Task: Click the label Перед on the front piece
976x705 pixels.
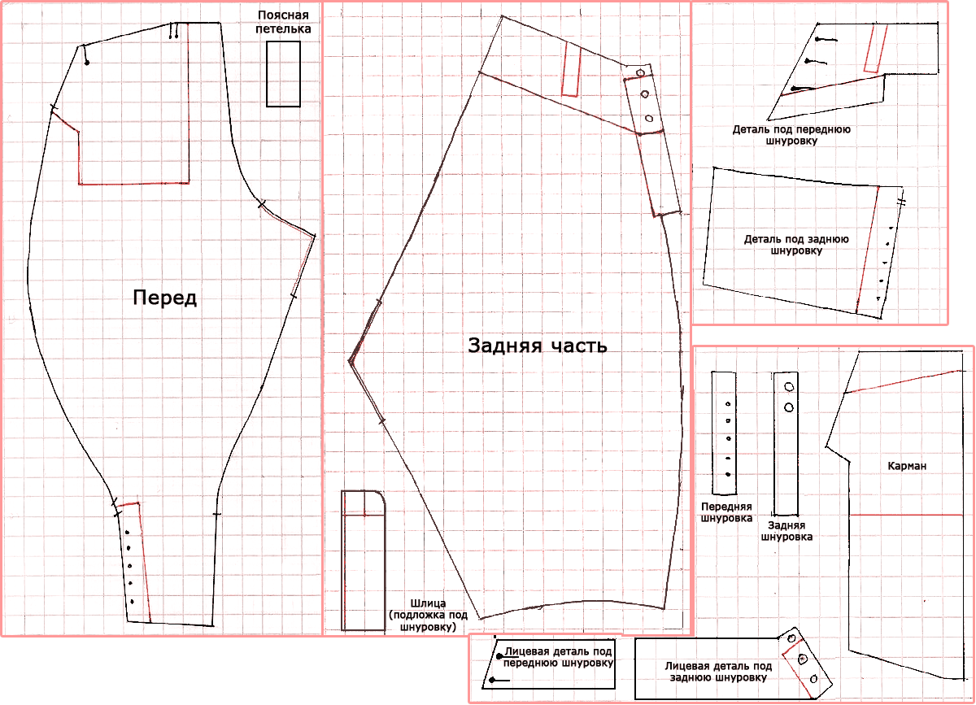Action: coord(164,298)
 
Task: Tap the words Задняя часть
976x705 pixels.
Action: coord(538,346)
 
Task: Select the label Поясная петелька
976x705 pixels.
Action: coord(283,22)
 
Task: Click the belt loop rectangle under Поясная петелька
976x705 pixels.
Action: coord(283,74)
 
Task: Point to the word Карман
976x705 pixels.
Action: coord(907,466)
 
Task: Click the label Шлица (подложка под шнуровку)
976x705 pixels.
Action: coord(428,616)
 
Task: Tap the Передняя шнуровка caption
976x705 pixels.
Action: coord(726,512)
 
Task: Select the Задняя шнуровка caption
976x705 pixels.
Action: coord(786,531)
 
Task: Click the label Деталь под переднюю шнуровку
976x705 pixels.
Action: coord(791,135)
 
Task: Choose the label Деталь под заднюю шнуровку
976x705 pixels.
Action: coord(796,245)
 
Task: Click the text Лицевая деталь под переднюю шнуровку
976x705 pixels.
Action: coord(558,657)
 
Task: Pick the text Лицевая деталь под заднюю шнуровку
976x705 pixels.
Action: coord(718,672)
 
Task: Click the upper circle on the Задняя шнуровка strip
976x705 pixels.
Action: coord(789,386)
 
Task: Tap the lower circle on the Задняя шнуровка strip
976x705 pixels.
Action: coord(789,407)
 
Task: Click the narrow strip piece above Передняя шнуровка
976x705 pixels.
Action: coord(724,433)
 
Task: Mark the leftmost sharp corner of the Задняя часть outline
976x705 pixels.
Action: coord(350,361)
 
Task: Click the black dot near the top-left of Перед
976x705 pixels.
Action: coord(87,63)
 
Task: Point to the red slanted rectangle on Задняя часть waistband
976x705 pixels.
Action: coord(571,71)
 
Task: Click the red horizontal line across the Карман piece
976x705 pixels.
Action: coord(906,515)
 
